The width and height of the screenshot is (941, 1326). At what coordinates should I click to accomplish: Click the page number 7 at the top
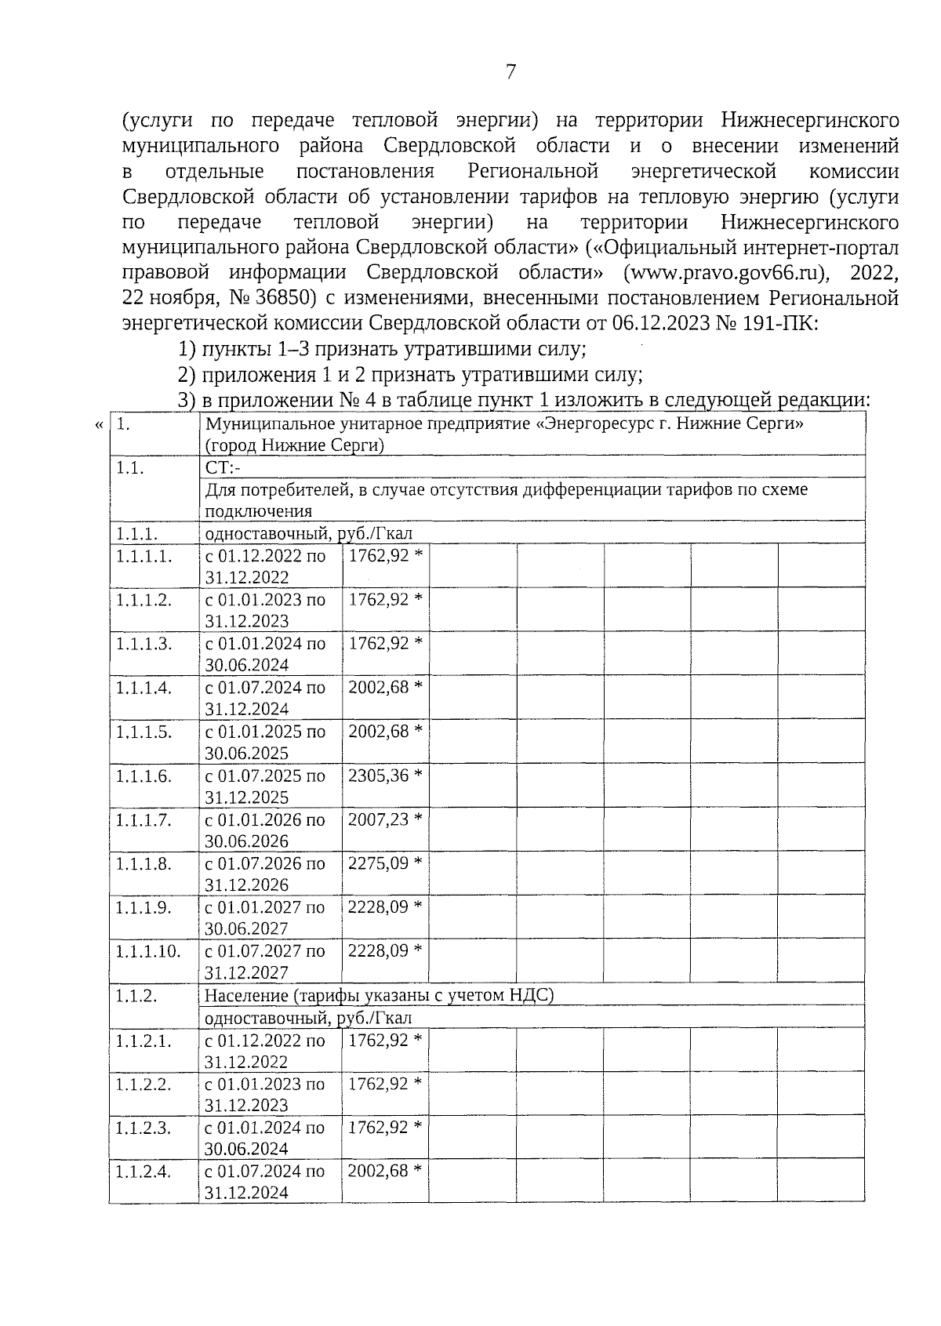pyautogui.click(x=510, y=72)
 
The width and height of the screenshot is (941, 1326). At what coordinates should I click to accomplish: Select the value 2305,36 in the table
pyautogui.click(x=379, y=776)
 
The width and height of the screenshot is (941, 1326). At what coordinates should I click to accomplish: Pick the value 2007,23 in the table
pyautogui.click(x=379, y=819)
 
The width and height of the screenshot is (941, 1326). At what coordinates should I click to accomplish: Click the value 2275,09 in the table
pyautogui.click(x=379, y=863)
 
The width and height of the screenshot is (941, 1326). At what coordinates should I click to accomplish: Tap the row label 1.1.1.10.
pyautogui.click(x=148, y=951)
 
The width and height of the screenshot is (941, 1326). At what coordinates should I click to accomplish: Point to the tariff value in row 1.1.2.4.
pyautogui.click(x=378, y=1171)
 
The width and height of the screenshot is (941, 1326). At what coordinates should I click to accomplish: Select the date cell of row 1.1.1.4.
pyautogui.click(x=265, y=698)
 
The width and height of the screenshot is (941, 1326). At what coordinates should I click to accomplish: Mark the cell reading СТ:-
pyautogui.click(x=223, y=468)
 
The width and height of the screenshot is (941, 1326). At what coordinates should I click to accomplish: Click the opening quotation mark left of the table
pyautogui.click(x=99, y=425)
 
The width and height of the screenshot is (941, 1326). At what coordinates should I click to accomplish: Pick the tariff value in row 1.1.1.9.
pyautogui.click(x=379, y=907)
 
